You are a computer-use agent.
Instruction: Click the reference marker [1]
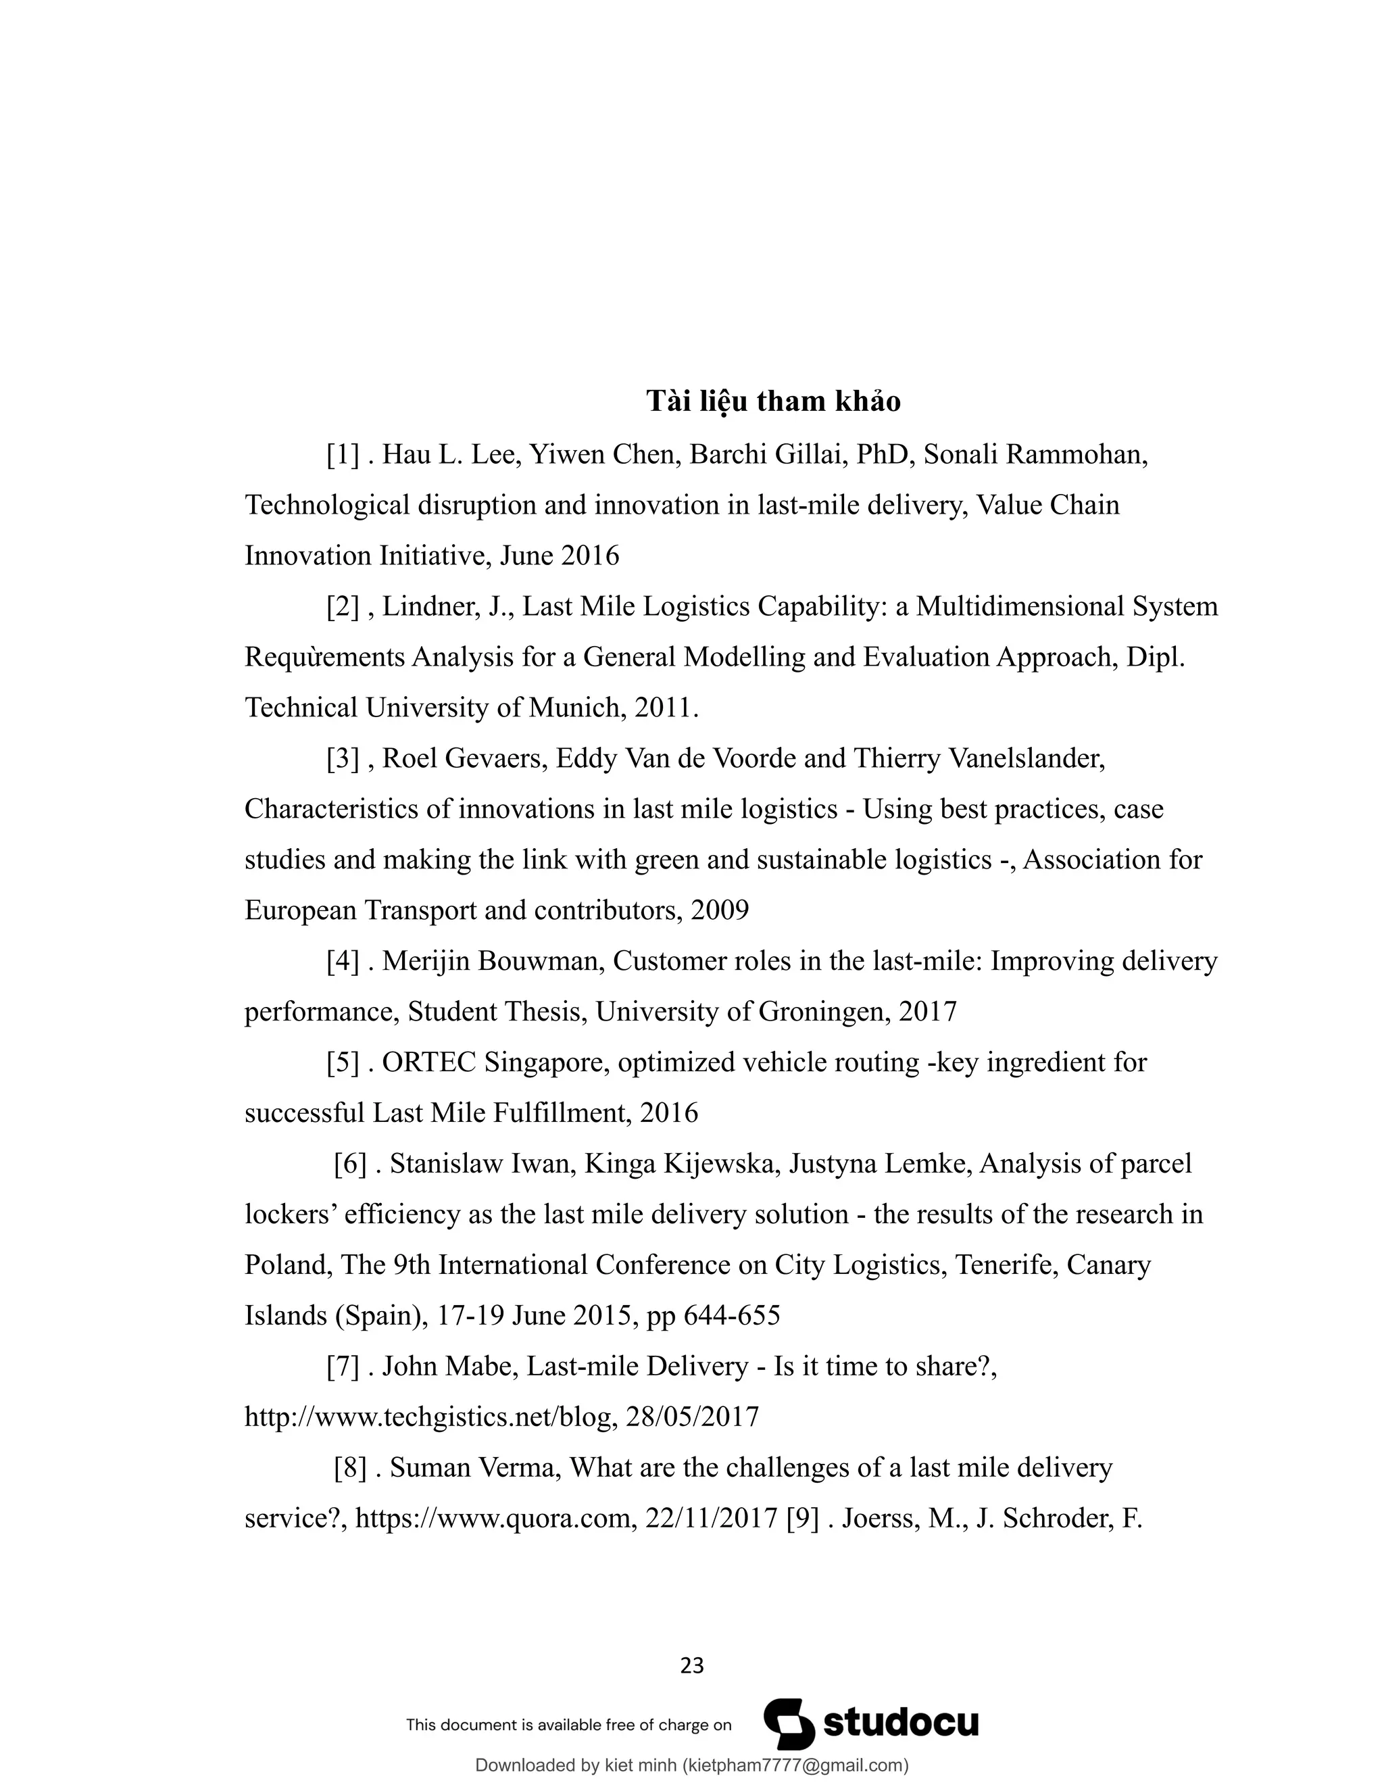(x=343, y=454)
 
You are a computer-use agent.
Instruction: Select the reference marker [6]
(x=350, y=1164)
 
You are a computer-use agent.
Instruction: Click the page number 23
(x=692, y=1665)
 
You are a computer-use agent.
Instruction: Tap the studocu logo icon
(x=789, y=1724)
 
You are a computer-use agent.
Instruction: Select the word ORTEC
(x=429, y=1063)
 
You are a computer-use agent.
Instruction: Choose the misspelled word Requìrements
(x=324, y=657)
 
